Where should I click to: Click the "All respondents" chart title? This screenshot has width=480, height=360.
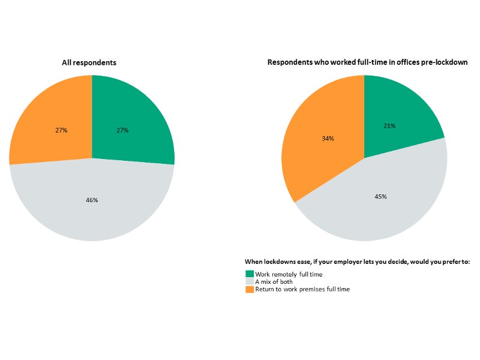click(89, 62)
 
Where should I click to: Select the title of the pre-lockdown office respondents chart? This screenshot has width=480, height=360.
click(367, 62)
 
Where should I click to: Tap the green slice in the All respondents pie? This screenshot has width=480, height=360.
click(135, 114)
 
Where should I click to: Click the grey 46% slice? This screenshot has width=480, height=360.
click(92, 210)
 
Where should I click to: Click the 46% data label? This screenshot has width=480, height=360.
click(92, 200)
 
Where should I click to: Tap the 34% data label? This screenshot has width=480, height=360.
click(328, 139)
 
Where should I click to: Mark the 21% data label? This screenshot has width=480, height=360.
click(389, 126)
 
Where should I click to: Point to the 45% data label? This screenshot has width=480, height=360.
click(380, 196)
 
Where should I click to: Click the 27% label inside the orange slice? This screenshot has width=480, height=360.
click(61, 130)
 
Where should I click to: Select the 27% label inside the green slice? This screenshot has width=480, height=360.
click(122, 130)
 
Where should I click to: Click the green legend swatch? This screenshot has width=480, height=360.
click(250, 274)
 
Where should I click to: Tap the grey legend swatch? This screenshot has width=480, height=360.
click(250, 281)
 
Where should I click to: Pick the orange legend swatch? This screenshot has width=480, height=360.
click(250, 289)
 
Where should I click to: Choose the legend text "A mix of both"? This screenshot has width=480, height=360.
click(274, 281)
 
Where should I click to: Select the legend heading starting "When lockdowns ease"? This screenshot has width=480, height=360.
click(357, 262)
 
